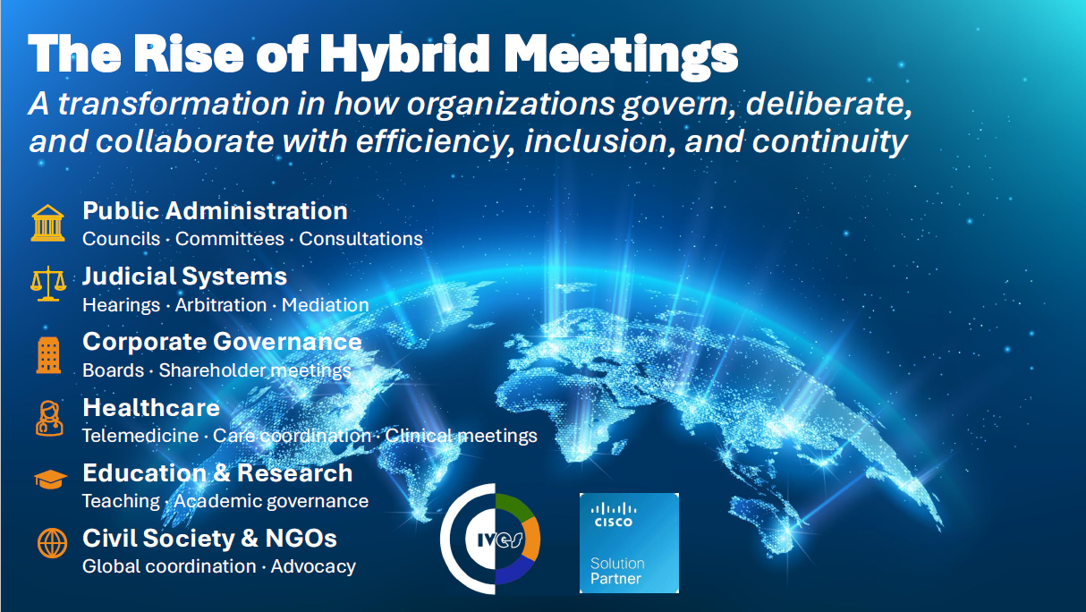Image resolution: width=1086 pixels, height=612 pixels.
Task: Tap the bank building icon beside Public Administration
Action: coord(48,223)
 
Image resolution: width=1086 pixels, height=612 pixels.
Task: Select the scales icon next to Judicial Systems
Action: coord(48,285)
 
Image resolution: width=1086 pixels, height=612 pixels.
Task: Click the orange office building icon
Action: coord(48,355)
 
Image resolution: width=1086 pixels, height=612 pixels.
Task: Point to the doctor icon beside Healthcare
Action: coord(48,418)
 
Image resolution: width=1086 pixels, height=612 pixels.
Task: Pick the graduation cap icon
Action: coord(50,480)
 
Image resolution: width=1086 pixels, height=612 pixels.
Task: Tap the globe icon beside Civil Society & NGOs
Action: coord(51,542)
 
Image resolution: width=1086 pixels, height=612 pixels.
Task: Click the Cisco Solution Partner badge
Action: coord(629,542)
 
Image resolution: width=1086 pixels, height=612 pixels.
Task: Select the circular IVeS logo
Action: coord(490,540)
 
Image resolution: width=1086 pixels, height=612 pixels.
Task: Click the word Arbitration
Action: coord(220,305)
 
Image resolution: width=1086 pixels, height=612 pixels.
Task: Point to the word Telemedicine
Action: coord(139,436)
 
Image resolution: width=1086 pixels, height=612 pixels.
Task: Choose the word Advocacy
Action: coord(313,566)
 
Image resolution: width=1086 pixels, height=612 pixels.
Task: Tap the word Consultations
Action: coord(361,239)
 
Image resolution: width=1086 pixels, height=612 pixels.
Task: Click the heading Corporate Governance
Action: coord(222,342)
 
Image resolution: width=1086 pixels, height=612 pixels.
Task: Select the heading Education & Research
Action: coord(217,472)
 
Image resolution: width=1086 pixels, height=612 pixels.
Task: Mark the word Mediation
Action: coord(325,305)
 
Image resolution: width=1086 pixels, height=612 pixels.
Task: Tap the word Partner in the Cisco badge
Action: coord(615,579)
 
